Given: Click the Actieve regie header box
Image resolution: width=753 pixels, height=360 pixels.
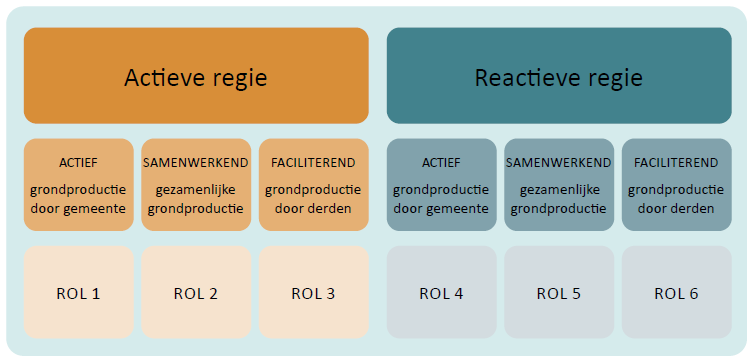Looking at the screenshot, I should click(196, 76).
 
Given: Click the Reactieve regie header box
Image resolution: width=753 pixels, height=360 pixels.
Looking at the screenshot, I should click(559, 76).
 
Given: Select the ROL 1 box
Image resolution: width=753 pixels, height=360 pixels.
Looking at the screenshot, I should click(78, 293).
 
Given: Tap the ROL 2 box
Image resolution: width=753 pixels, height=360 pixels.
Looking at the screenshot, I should click(196, 293).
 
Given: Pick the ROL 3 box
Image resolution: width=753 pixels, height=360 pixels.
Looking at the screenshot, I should click(314, 293).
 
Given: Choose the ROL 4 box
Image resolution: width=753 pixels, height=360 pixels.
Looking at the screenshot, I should click(441, 293).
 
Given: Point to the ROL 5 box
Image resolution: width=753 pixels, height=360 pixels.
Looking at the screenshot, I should click(559, 293).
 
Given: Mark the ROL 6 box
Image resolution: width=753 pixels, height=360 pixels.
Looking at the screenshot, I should click(677, 293).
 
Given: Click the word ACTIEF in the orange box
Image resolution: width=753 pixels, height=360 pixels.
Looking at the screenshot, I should click(78, 163).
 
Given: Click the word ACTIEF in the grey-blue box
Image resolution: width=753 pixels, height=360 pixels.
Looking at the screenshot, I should click(441, 163).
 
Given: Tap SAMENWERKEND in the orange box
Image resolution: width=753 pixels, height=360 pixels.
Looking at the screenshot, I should click(196, 163).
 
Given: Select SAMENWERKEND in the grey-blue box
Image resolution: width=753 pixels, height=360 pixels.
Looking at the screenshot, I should click(559, 163).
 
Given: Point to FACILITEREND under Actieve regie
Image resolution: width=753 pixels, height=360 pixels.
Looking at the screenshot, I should click(314, 163).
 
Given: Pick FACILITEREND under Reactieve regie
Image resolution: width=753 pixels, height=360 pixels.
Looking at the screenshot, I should click(677, 163).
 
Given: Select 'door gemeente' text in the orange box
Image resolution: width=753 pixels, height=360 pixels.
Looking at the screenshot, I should click(78, 209).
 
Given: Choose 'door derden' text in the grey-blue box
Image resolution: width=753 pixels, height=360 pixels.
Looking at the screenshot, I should click(677, 209).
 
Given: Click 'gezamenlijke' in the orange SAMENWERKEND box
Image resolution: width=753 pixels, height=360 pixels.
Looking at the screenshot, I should click(196, 189).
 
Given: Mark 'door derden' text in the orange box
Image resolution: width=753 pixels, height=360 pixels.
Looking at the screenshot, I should click(314, 209).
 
